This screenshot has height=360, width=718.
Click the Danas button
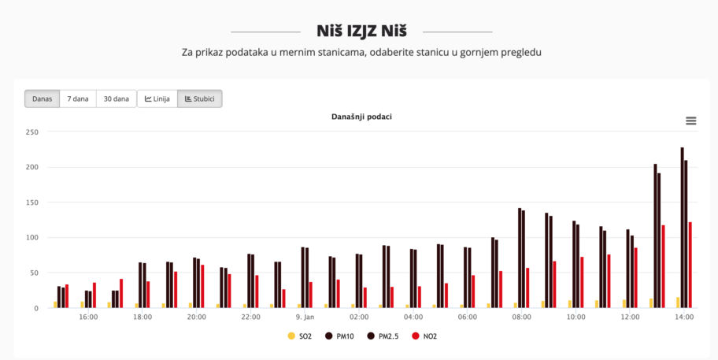pos(43,99)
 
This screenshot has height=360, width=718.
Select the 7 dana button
pos(78,99)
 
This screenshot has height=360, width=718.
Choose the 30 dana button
pos(116,99)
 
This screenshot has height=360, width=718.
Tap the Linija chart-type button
pos(157,99)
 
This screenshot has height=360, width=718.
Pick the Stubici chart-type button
pos(199,99)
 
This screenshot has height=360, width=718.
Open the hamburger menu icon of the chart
pos(691,121)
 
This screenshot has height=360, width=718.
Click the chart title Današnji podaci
pos(361,117)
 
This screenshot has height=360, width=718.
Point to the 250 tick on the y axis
pos(32,132)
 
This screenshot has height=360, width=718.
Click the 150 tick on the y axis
pos(32,202)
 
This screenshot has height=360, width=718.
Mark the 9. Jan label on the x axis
pos(305,317)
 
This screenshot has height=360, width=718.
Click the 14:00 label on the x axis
pos(683,317)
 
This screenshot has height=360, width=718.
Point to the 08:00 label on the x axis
pos(521,317)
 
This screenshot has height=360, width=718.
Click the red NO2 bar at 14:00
pos(690,265)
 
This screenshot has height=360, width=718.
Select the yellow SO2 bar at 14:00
pos(678,302)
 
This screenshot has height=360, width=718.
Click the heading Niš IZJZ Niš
pos(361,32)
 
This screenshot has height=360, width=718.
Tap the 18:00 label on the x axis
pos(142,317)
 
